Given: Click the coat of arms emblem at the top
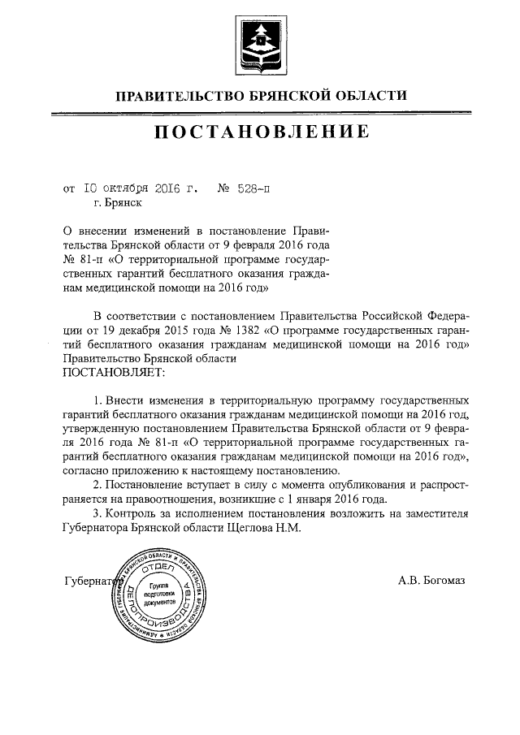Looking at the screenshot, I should point(259,41).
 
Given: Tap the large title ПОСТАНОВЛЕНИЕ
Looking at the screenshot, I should point(259,132).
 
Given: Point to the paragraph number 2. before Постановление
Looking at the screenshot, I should point(98,484).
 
